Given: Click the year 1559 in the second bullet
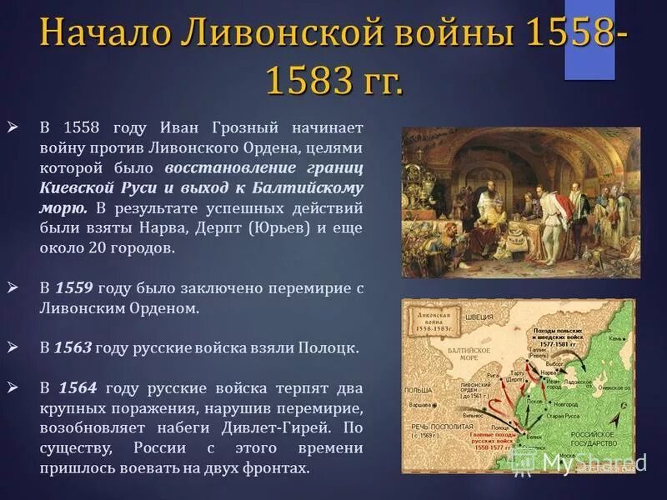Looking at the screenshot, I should tap(73, 288).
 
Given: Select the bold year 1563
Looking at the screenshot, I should tap(73, 349).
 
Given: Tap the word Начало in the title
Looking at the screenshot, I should tap(97, 36).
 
